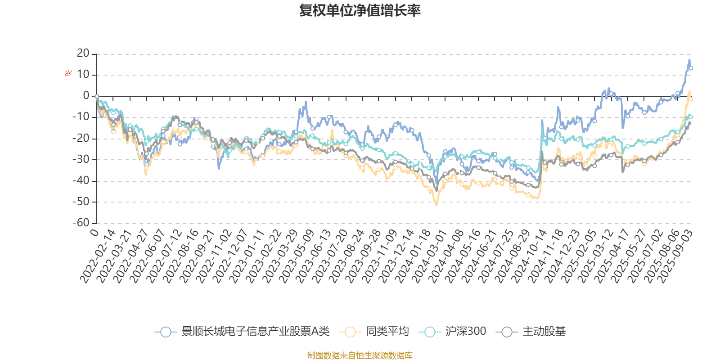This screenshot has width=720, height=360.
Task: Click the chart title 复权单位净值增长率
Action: pos(360,11)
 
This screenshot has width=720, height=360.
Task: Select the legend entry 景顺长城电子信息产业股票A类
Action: pos(255,332)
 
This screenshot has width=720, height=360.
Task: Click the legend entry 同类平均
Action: pos(387,332)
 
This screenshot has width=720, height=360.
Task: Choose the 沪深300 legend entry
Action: pos(465,332)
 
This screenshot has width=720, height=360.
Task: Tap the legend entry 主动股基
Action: pos(544,332)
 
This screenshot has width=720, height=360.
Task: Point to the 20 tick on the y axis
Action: pos(83,54)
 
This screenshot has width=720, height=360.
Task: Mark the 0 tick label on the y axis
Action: pos(86,96)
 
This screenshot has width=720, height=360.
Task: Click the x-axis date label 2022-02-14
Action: pos(98,256)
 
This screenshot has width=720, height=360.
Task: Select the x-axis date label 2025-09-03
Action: pos(675,256)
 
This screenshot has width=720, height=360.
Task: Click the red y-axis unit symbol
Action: pos(68,73)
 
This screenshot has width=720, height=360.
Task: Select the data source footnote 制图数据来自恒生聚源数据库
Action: pos(360,355)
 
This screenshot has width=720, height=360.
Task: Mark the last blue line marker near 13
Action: pos(691,68)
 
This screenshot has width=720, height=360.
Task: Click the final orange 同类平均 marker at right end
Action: pos(691,99)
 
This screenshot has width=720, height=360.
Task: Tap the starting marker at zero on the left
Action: pos(97,96)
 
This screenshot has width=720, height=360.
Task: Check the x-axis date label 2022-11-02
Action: pos(215,256)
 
